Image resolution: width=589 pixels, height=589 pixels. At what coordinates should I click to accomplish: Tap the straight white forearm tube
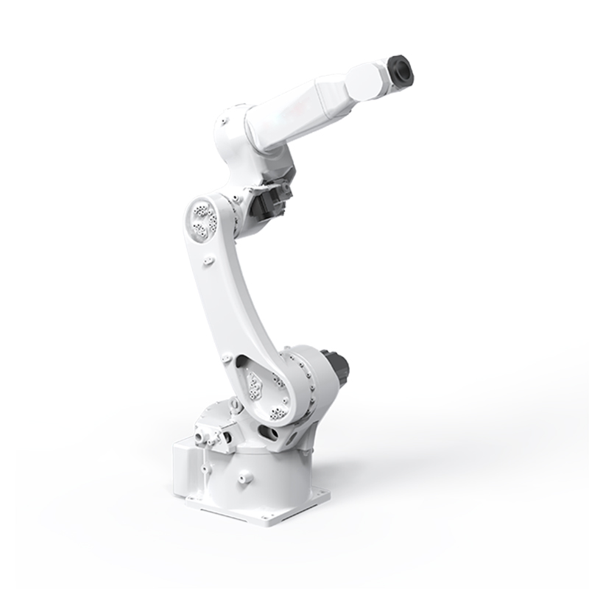302,110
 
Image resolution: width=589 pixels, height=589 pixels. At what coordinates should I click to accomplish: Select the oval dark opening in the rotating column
269,434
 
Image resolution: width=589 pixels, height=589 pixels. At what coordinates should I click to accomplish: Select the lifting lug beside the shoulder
234,404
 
